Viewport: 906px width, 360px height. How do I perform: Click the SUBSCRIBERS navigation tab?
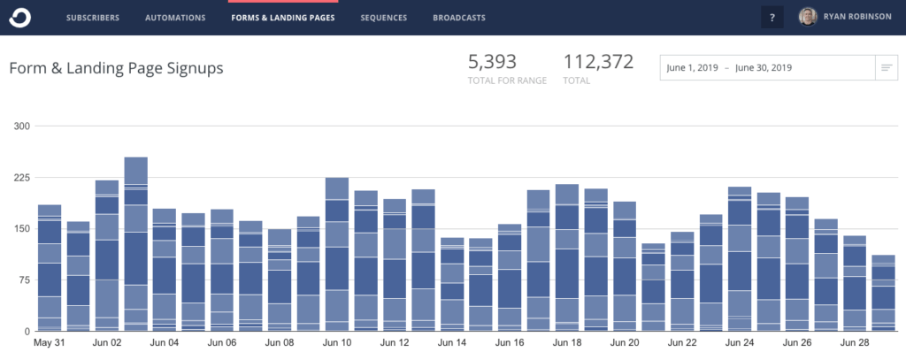[x=93, y=18]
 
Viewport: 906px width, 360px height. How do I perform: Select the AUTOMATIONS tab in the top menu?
[x=176, y=18]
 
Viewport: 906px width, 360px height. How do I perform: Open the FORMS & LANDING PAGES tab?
[x=283, y=18]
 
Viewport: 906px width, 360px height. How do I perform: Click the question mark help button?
[x=772, y=18]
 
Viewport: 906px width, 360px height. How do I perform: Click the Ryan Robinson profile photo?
[x=808, y=17]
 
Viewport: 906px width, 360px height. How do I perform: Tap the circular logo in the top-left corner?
[x=20, y=17]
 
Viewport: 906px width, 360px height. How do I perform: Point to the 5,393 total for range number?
[x=492, y=62]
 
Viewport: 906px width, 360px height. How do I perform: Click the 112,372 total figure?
[x=600, y=62]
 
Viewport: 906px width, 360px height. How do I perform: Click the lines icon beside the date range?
[x=886, y=68]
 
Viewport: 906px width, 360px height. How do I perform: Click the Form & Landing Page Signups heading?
[x=116, y=68]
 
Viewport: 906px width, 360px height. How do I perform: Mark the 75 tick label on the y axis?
[x=24, y=280]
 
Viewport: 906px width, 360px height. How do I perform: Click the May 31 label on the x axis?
[x=50, y=341]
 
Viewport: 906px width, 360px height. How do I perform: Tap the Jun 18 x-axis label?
[x=566, y=341]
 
